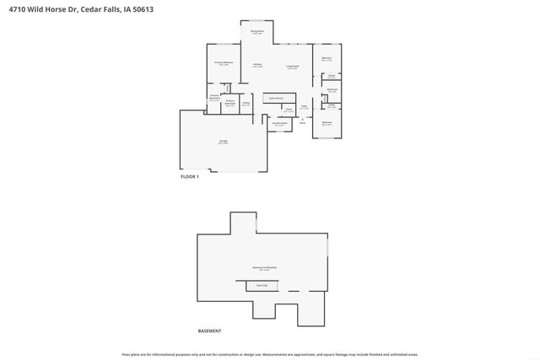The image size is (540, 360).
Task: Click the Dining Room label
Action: coord(257,32)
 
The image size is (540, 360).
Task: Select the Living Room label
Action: coord(292,67)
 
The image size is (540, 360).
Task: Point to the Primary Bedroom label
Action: coord(224,63)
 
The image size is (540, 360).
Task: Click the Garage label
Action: coord(223,142)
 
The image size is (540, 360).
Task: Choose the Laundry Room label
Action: coord(279,125)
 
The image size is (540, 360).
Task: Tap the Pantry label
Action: coord(245,105)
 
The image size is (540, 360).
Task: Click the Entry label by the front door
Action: coord(302,123)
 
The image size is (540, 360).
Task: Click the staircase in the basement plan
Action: coord(262,286)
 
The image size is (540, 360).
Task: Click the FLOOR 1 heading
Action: coord(190,177)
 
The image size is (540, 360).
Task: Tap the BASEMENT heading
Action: coord(209,330)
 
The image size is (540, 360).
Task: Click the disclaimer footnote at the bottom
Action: coord(270,354)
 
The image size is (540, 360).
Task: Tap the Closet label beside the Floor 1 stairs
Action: coord(288,110)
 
